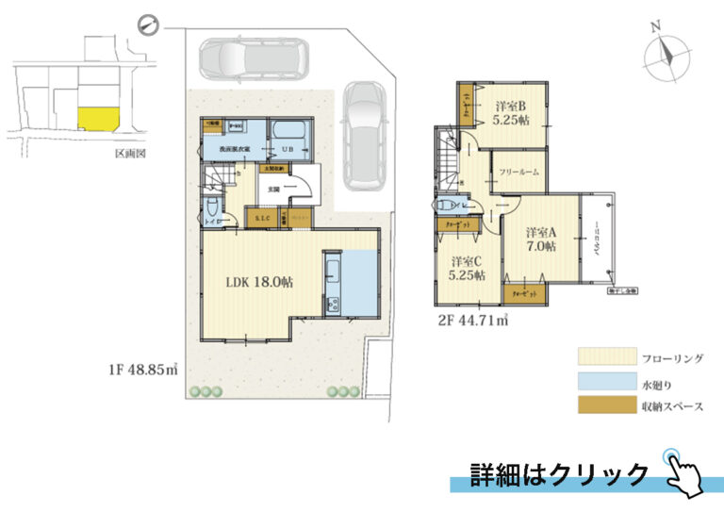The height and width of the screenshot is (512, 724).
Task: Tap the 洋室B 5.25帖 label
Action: pyautogui.click(x=510, y=113)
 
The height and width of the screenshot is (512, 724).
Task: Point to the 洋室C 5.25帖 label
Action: pyautogui.click(x=467, y=268)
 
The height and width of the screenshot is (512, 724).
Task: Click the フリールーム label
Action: pyautogui.click(x=518, y=173)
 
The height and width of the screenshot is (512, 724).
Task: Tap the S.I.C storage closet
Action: pyautogui.click(x=262, y=219)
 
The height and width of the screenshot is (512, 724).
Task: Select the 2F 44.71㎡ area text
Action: pyautogui.click(x=473, y=321)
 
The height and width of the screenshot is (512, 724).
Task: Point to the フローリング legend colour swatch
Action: pyautogui.click(x=603, y=358)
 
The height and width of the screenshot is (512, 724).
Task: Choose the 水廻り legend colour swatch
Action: pyautogui.click(x=603, y=384)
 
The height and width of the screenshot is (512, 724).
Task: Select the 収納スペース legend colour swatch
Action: pyautogui.click(x=603, y=407)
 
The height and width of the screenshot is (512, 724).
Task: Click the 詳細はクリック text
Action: pyautogui.click(x=560, y=472)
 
